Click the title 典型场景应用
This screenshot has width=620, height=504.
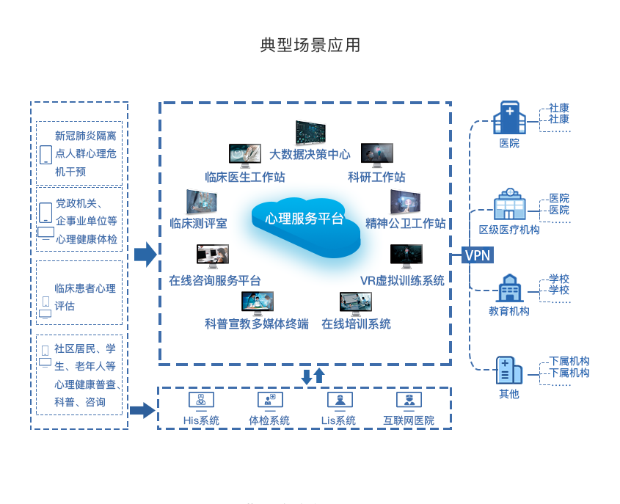pos(310,45)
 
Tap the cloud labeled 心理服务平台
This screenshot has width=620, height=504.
pos(304,220)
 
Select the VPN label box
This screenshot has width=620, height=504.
pos(478,255)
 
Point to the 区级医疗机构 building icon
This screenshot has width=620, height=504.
pos(508,205)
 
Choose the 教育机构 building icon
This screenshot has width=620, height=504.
pos(508,289)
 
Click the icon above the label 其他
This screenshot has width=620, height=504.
pos(508,370)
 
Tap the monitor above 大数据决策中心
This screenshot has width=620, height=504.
pos(310,133)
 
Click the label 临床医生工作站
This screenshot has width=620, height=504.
pos(245,177)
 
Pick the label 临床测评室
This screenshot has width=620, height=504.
pos(198,223)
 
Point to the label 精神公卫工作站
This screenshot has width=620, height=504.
pos(406,223)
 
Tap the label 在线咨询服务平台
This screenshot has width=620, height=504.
pos(215,280)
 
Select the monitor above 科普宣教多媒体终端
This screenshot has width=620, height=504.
pos(257,302)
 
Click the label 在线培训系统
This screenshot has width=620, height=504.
pos(356,324)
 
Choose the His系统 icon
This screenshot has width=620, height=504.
pos(201,400)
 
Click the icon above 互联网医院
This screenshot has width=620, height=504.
pos(409,400)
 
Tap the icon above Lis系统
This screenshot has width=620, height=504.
pos(338,400)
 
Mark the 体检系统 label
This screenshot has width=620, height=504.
pos(269,420)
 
